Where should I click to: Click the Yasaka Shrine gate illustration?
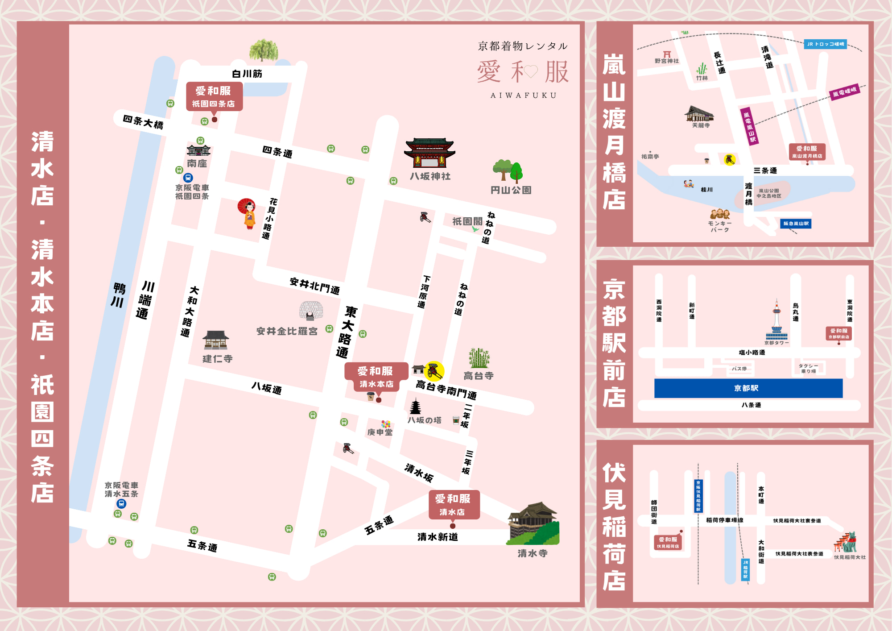click(x=429, y=153)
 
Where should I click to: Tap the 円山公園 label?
click(x=511, y=190)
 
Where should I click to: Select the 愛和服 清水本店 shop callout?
click(x=376, y=377)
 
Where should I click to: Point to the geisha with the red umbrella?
click(x=248, y=213)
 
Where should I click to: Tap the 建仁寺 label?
click(x=217, y=359)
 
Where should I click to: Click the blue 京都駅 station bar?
click(x=748, y=388)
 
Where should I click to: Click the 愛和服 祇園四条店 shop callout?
click(x=214, y=96)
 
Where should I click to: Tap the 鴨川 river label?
click(x=118, y=295)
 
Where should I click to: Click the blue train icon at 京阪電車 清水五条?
click(x=121, y=504)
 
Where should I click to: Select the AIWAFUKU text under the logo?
click(x=524, y=95)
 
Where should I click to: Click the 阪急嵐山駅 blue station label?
click(x=796, y=224)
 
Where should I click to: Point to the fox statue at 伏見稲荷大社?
click(x=851, y=542)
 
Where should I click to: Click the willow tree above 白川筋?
click(x=263, y=50)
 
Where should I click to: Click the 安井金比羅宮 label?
click(x=287, y=331)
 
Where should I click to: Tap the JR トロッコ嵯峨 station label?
click(x=826, y=44)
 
